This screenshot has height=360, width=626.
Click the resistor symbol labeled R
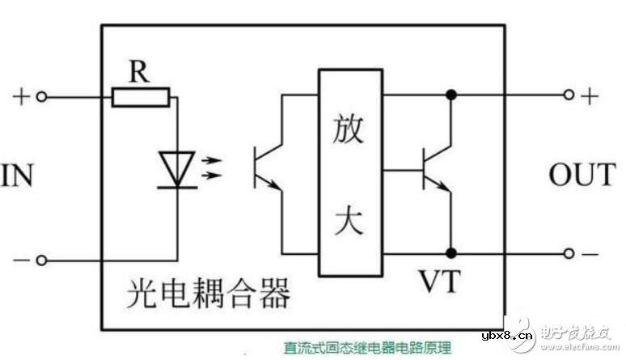141,98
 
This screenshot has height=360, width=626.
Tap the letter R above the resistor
140,72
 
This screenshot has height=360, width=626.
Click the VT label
438,281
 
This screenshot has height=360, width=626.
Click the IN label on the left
17,175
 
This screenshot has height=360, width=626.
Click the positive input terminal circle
42,98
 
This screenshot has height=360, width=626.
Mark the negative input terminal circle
42,260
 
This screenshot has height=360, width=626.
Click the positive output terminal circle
569,95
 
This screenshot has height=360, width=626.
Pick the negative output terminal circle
569,252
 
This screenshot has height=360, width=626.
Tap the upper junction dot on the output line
450,95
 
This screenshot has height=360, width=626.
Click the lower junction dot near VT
450,252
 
